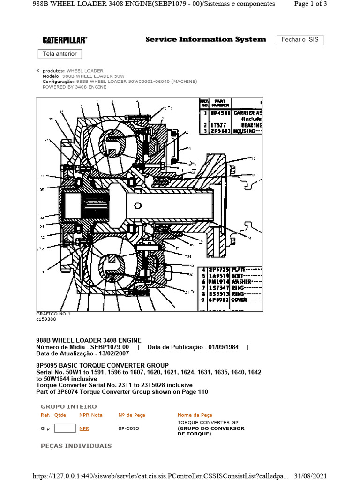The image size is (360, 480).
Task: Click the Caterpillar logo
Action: pyautogui.click(x=65, y=40)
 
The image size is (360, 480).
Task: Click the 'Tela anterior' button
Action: pyautogui.click(x=60, y=54)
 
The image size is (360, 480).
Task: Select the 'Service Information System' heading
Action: pyautogui.click(x=205, y=39)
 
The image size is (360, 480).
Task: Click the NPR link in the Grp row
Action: pyautogui.click(x=84, y=428)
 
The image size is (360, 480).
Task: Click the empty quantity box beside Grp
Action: pyautogui.click(x=65, y=428)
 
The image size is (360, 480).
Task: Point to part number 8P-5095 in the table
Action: pyautogui.click(x=128, y=428)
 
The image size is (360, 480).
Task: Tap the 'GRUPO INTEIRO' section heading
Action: pyautogui.click(x=69, y=406)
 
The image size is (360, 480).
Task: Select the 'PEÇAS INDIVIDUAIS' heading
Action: pyautogui.click(x=76, y=445)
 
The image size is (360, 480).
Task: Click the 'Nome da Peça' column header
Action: pyautogui.click(x=195, y=415)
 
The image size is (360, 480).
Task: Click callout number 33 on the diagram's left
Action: pyautogui.click(x=42, y=217)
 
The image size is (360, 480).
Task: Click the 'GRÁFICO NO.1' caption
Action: pyautogui.click(x=53, y=314)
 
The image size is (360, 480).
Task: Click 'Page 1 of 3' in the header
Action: pyautogui.click(x=310, y=4)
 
